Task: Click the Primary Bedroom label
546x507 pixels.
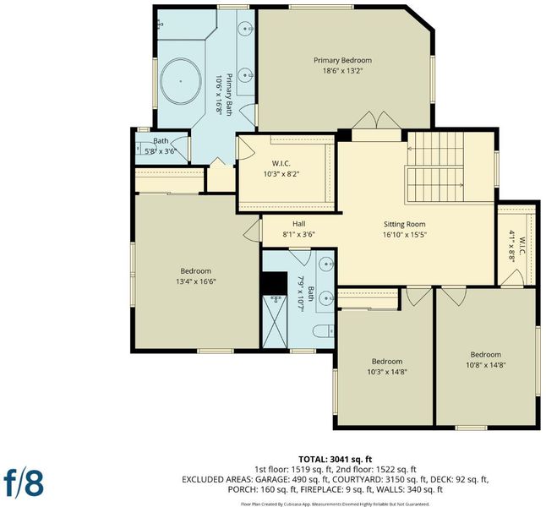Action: [x=342, y=60]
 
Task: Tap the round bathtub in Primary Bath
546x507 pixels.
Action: [x=181, y=81]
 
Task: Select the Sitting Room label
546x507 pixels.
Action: [x=404, y=224]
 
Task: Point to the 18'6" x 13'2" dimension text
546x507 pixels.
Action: [x=342, y=71]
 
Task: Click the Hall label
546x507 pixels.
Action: [x=298, y=224]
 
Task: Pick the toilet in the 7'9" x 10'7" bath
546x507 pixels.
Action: [x=324, y=331]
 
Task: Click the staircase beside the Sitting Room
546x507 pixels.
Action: [x=435, y=167]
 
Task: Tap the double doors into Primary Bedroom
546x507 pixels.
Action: [x=376, y=121]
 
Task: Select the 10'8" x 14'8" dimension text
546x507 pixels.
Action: [x=486, y=365]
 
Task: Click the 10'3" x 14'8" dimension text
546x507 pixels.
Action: [x=387, y=372]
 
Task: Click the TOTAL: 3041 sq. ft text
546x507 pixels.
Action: [x=336, y=460]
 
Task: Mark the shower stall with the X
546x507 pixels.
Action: [x=275, y=321]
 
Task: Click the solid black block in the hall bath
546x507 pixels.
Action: [x=275, y=283]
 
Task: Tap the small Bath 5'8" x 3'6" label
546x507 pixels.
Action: [x=161, y=146]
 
